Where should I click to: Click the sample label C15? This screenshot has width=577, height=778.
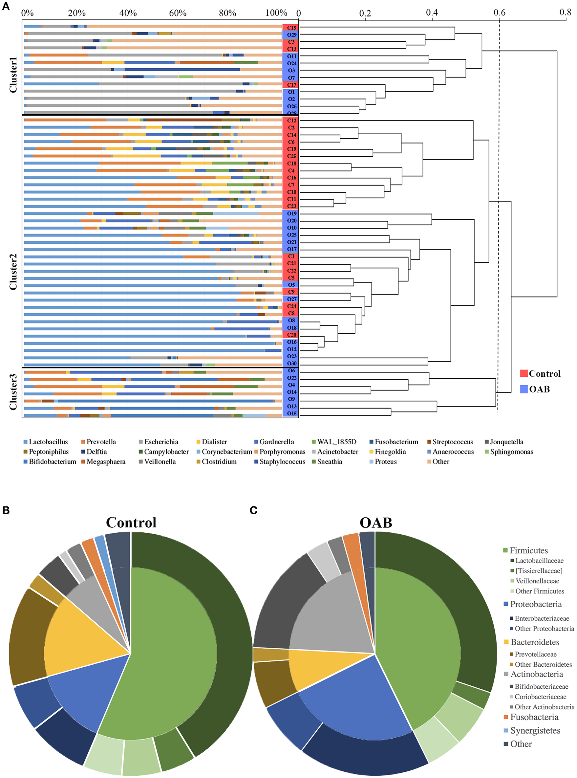292,28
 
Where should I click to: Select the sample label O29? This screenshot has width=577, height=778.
292,34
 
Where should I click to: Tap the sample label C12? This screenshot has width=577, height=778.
292,120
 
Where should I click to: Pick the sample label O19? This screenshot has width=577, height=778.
292,213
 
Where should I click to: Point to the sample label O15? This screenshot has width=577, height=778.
292,413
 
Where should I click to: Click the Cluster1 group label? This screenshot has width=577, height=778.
13,75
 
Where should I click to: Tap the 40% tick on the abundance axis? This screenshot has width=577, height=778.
128,13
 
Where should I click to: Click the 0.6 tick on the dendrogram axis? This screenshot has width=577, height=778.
500,13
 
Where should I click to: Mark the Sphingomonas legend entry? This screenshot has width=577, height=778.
511,452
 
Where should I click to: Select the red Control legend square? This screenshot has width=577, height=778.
524,373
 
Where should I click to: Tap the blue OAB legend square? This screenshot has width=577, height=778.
524,389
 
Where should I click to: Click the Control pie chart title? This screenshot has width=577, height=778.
131,522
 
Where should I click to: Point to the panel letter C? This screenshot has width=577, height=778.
254,511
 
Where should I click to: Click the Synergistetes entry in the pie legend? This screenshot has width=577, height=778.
535,730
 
